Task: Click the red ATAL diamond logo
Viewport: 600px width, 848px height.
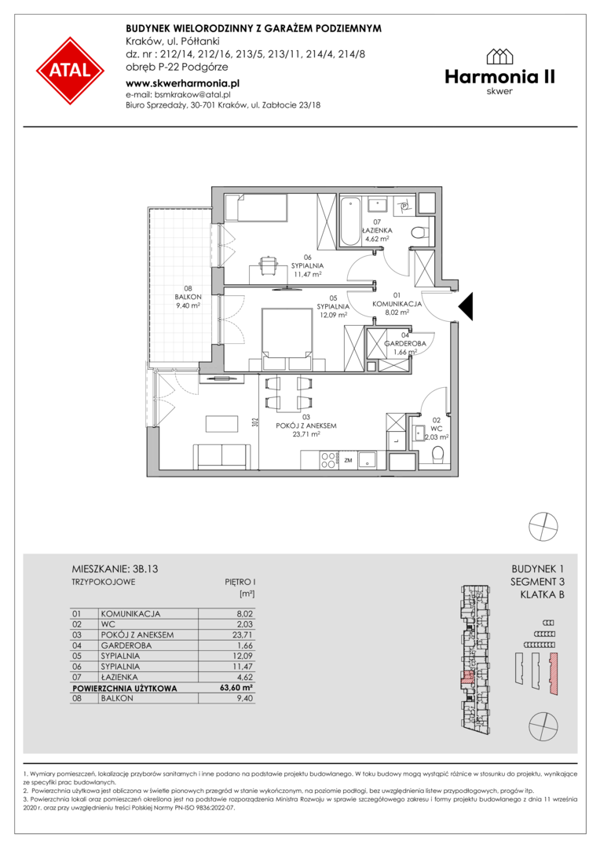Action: click(x=70, y=71)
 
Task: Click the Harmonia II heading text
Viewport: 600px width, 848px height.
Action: click(x=500, y=77)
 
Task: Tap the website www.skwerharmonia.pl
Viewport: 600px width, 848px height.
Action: click(x=182, y=83)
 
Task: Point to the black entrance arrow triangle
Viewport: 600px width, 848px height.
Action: click(x=466, y=306)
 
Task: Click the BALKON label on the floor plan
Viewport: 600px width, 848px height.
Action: click(x=188, y=297)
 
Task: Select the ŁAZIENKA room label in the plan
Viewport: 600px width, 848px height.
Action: click(x=377, y=230)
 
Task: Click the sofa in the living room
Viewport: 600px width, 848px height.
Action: click(x=222, y=456)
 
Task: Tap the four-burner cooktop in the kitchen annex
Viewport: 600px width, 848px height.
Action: click(x=328, y=459)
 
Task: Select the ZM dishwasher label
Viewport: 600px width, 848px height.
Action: click(x=348, y=460)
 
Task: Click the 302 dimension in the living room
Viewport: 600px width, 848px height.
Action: click(x=254, y=422)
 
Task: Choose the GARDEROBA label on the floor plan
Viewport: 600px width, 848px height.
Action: click(x=404, y=343)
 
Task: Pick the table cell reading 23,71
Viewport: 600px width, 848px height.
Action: click(x=243, y=635)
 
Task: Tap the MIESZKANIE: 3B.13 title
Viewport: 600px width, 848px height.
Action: click(x=115, y=569)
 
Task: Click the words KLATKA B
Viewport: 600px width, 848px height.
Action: click(x=542, y=595)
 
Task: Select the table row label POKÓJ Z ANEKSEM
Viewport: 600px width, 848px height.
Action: click(x=137, y=635)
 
